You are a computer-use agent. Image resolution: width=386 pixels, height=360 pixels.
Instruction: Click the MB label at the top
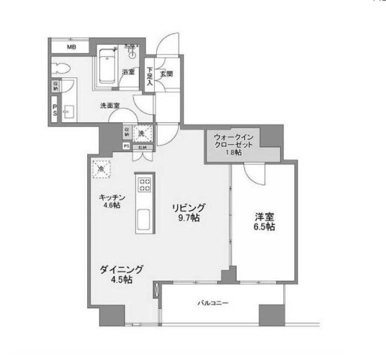click(x=71, y=47)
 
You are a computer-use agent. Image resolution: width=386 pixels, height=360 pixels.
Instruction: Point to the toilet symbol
click(x=63, y=70)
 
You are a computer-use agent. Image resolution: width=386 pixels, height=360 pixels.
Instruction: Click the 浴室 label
click(x=128, y=73)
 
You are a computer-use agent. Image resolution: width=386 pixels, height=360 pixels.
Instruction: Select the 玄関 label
click(x=167, y=73)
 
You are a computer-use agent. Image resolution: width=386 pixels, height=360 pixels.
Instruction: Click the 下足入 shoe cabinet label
click(x=150, y=77)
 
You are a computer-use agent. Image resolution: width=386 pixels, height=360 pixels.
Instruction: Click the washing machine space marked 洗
click(x=145, y=133)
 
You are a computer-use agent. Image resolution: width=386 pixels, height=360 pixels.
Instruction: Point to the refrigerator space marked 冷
click(x=101, y=169)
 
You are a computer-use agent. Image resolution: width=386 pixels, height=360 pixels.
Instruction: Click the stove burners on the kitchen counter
click(x=143, y=184)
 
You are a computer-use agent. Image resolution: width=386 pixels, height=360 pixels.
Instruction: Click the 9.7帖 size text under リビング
click(x=188, y=217)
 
